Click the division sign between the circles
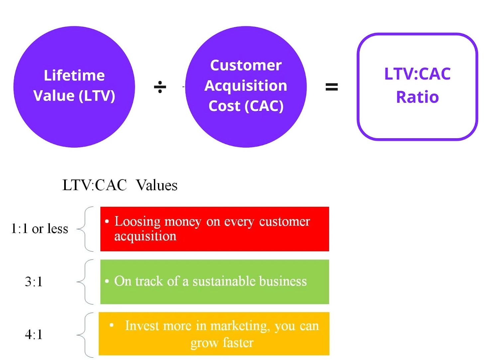pyautogui.click(x=160, y=87)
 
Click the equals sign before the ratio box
pyautogui.click(x=331, y=87)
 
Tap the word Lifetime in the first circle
pyautogui.click(x=74, y=75)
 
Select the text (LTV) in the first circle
pyautogui.click(x=97, y=96)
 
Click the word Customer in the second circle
pyautogui.click(x=246, y=65)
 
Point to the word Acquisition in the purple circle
pyautogui.click(x=246, y=86)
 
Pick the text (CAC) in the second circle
pyautogui.click(x=264, y=106)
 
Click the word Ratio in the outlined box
pyautogui.click(x=417, y=97)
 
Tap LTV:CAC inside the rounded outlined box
pyautogui.click(x=417, y=74)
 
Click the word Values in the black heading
pyautogui.click(x=157, y=185)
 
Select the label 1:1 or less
pyautogui.click(x=40, y=229)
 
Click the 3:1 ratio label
pyautogui.click(x=34, y=282)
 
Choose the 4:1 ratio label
pyautogui.click(x=34, y=334)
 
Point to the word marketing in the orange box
pyautogui.click(x=240, y=326)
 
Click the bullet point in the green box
pyautogui.click(x=107, y=281)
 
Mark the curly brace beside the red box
pyautogui.click(x=85, y=229)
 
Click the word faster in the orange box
pyautogui.click(x=238, y=343)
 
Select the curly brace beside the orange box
pyautogui.click(x=85, y=335)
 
